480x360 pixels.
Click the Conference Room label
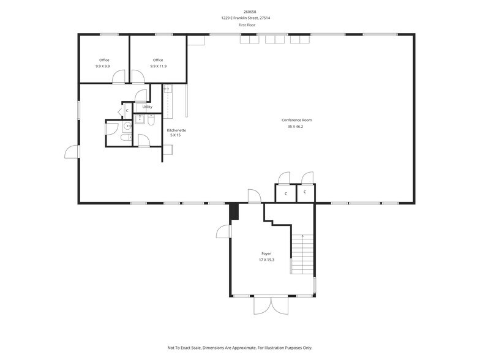tap(296, 120)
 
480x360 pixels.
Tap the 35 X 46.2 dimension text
tap(296, 127)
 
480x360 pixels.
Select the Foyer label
tap(266, 253)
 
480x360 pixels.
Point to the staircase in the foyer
tap(301, 254)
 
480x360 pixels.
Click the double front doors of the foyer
tap(270, 305)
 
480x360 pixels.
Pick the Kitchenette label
tap(176, 130)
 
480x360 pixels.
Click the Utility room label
tap(148, 107)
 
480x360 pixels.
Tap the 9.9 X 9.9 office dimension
tap(103, 66)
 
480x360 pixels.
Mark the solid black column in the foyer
tap(233, 211)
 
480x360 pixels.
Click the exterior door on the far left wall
tap(72, 152)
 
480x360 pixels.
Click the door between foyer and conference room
tap(254, 197)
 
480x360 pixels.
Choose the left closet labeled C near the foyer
tap(285, 193)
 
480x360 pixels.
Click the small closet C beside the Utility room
tap(127, 110)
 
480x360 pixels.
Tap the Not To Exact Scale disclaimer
tap(239, 348)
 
